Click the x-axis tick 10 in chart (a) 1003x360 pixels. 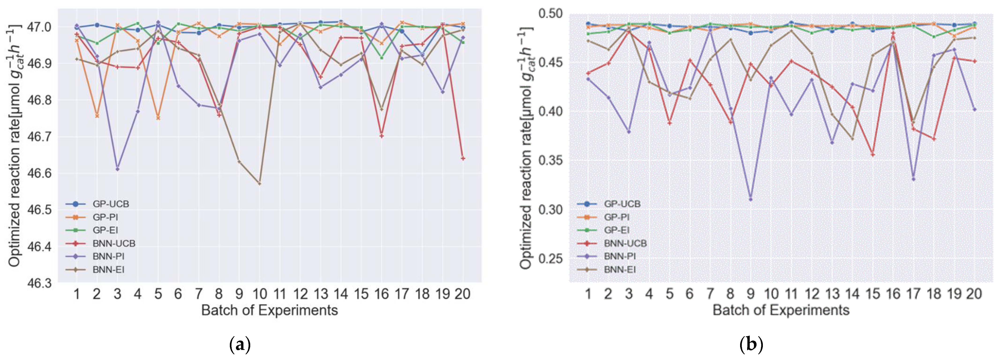coord(259,294)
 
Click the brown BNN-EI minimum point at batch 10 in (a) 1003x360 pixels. coord(259,183)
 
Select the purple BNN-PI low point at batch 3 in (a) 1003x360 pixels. coord(117,169)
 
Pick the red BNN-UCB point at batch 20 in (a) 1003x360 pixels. coord(463,158)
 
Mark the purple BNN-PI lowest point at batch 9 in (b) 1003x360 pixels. coord(750,200)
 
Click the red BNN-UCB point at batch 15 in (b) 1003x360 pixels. coord(873,155)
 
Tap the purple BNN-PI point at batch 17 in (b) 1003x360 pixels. coord(913,179)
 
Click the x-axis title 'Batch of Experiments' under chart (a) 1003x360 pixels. coord(269,311)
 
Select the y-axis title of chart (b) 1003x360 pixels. coord(525,148)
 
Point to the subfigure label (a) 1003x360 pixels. coord(240,345)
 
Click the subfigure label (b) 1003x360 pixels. coord(751,345)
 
